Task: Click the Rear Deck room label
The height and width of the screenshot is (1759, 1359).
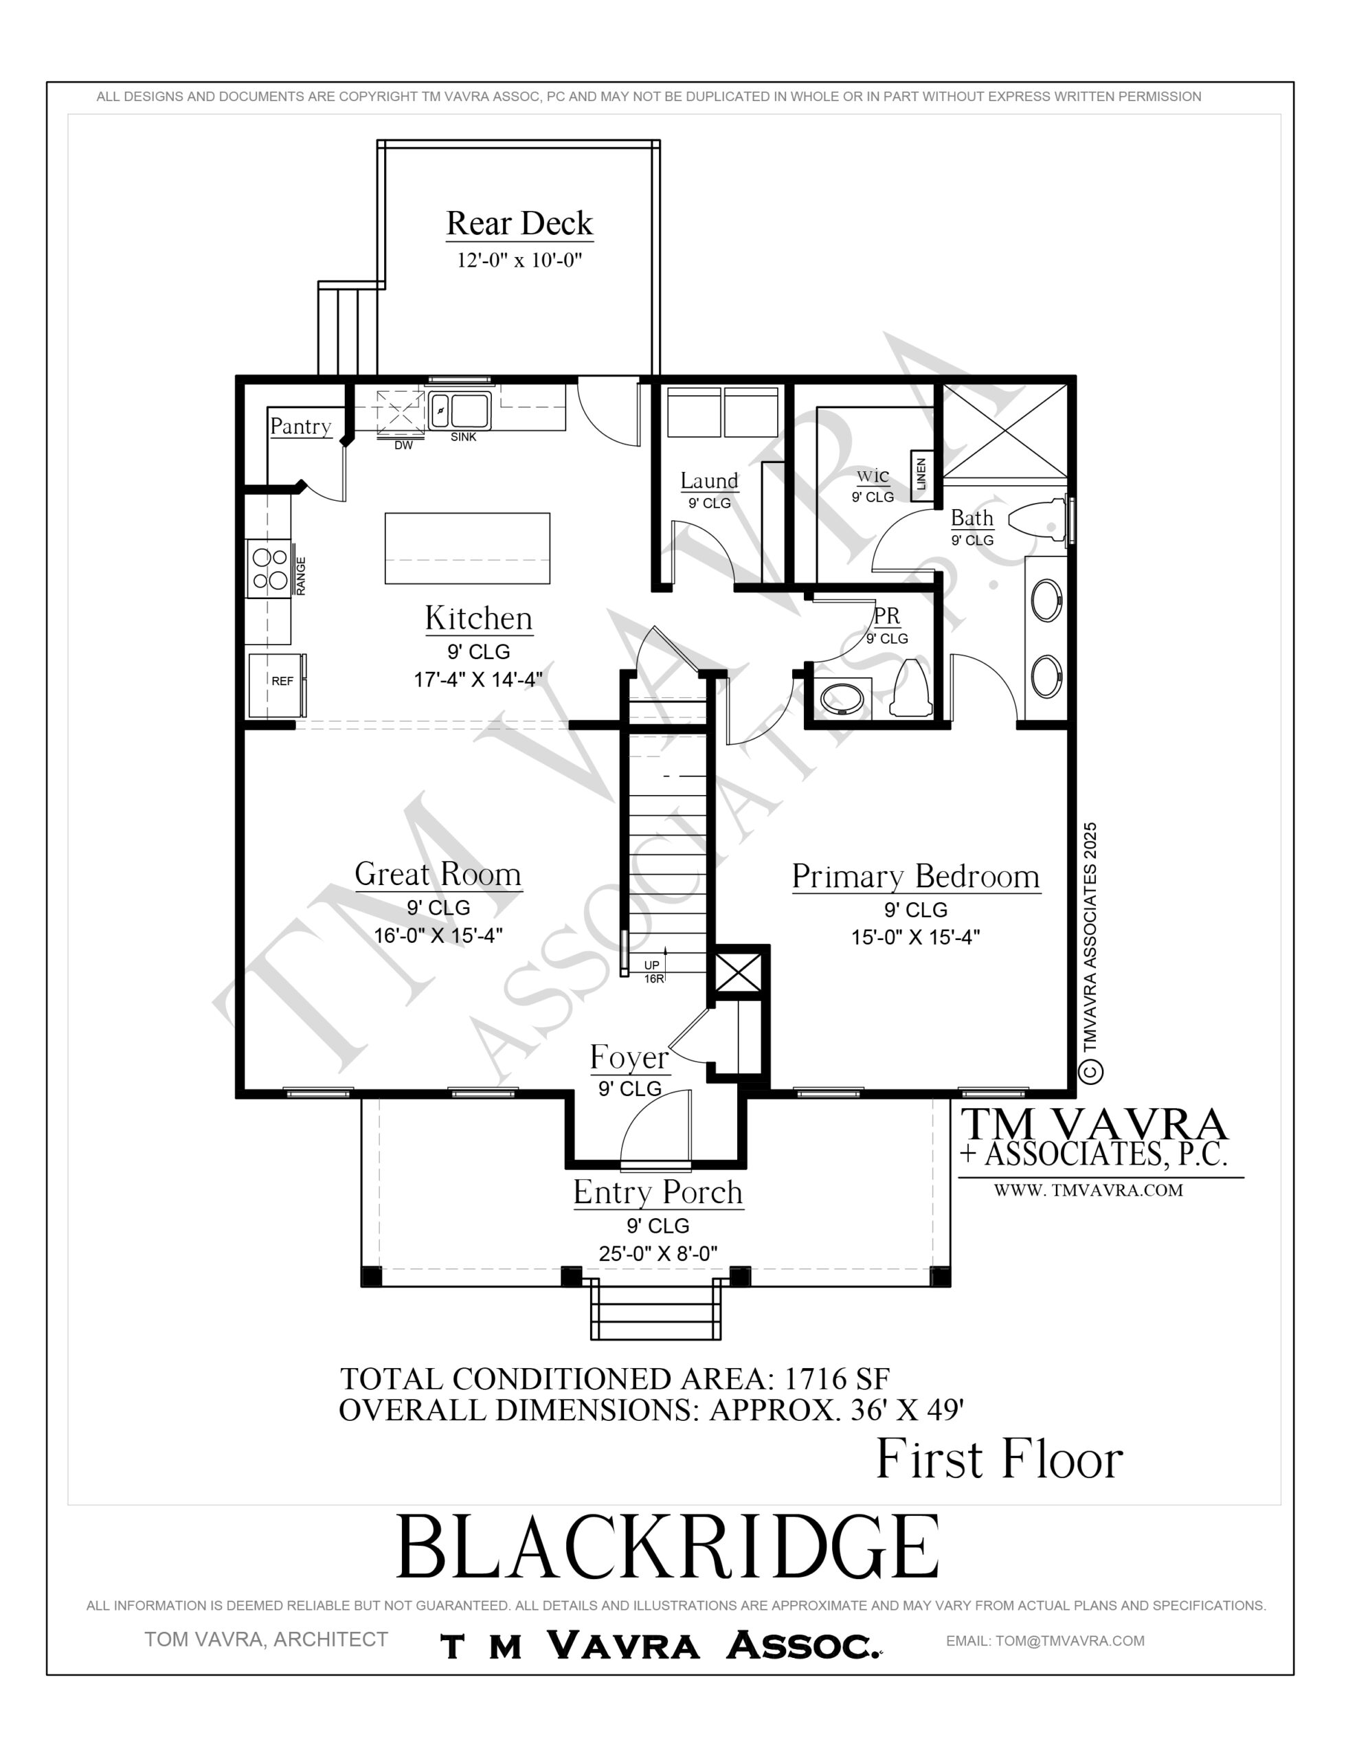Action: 519,223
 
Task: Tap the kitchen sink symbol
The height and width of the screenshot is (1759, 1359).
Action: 458,411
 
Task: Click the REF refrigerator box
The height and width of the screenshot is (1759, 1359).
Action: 276,684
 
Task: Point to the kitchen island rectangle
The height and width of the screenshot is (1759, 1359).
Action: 467,548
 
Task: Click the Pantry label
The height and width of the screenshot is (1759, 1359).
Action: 300,426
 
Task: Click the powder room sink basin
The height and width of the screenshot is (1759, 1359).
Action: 842,697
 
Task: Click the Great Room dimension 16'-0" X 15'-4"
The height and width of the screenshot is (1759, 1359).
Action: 438,935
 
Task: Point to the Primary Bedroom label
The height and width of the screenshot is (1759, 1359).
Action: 916,876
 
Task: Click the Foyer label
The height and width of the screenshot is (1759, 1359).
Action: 629,1057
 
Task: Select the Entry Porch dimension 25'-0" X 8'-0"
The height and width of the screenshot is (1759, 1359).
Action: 658,1253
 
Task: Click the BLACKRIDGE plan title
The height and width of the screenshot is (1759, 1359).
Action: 669,1547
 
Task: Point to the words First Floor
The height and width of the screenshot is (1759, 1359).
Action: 999,1459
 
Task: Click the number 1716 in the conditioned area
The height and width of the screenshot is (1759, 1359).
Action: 816,1379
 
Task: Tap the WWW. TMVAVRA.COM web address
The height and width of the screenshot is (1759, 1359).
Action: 1088,1190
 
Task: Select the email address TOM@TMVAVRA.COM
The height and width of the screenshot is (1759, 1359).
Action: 1070,1641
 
